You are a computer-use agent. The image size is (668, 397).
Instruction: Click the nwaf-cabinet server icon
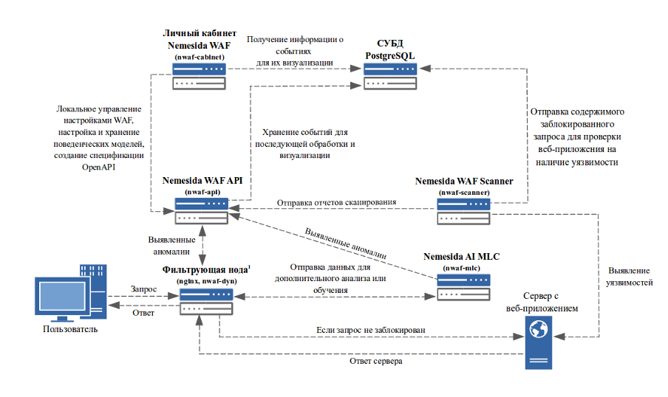tap(200, 75)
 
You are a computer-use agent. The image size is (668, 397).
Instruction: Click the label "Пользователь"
tap(66, 330)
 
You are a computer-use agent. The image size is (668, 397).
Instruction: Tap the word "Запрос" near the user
tap(143, 289)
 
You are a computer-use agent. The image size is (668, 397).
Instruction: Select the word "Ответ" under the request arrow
tap(143, 312)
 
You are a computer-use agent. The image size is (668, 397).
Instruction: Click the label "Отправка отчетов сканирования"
tap(338, 202)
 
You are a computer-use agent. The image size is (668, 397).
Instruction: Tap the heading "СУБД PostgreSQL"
tap(389, 50)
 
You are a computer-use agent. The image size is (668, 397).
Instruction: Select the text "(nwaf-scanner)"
tap(463, 193)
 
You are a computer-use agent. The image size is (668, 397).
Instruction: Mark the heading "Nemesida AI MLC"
tap(462, 256)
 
